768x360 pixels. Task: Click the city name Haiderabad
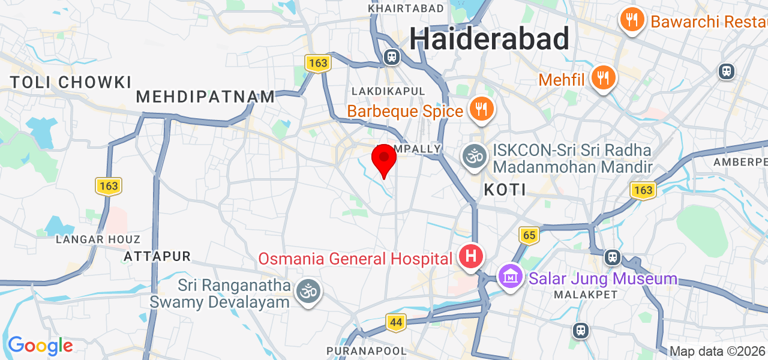click(x=489, y=40)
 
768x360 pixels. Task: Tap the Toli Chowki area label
click(x=71, y=82)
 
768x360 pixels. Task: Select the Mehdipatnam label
click(x=206, y=97)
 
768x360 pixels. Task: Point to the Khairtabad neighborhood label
click(x=406, y=8)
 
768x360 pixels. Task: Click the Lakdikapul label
click(x=389, y=91)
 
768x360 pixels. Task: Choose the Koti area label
click(x=505, y=190)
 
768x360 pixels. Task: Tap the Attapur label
click(x=157, y=257)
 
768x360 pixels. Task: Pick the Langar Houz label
click(x=98, y=239)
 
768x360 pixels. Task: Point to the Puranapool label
click(x=367, y=350)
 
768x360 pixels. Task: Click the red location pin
click(x=384, y=159)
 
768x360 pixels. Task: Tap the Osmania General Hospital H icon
click(x=472, y=257)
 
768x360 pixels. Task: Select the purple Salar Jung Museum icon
click(x=511, y=277)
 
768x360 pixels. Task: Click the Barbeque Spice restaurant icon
click(x=481, y=109)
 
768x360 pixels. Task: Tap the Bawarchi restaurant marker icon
click(x=631, y=20)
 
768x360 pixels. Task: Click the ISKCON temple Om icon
click(x=475, y=157)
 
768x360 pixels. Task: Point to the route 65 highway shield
click(x=529, y=235)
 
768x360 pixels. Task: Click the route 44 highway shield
click(x=395, y=322)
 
